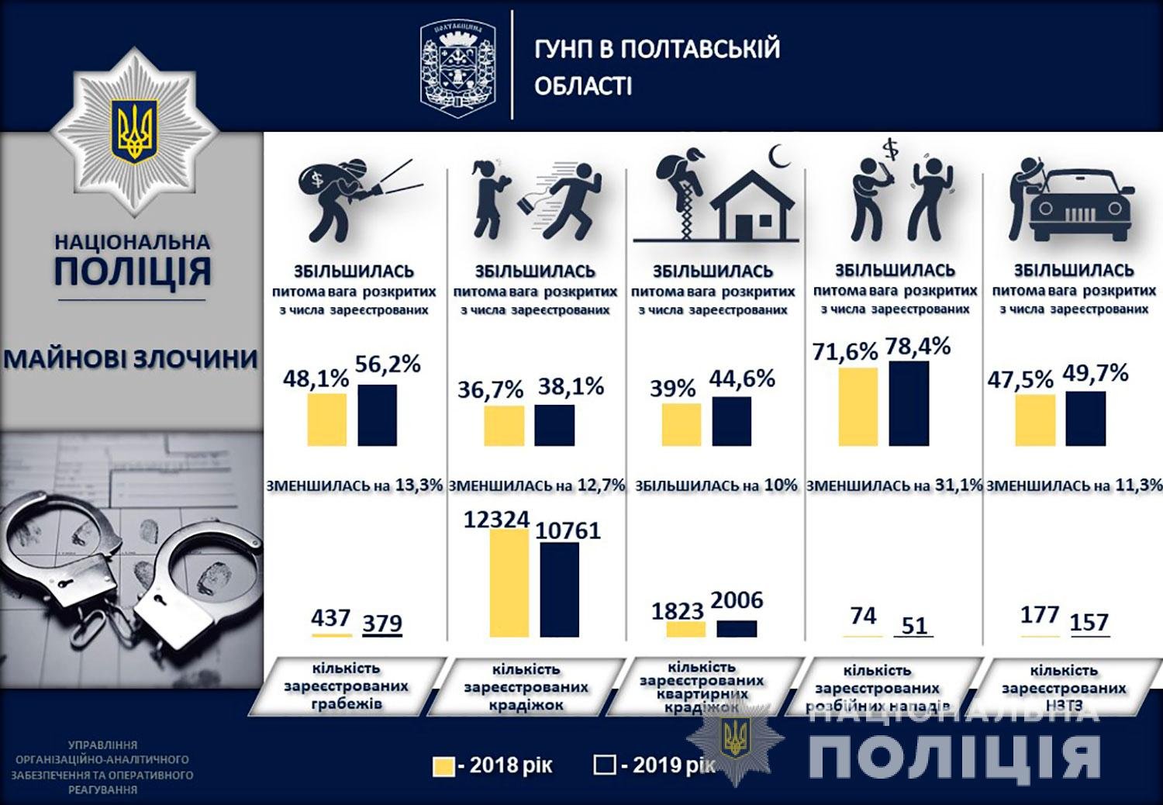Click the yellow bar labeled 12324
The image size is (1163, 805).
click(509, 583)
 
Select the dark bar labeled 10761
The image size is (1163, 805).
click(559, 589)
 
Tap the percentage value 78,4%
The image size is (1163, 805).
click(918, 347)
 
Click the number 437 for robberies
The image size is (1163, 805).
click(331, 618)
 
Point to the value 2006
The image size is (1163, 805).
click(737, 600)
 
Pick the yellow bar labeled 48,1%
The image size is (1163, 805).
click(327, 420)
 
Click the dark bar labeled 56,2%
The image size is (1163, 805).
click(378, 415)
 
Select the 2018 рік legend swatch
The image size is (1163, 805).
click(443, 766)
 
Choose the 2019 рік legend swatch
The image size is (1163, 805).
click(605, 766)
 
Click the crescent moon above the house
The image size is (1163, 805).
click(778, 157)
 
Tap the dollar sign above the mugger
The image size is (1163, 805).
click(891, 147)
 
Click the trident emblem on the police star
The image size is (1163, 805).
click(135, 130)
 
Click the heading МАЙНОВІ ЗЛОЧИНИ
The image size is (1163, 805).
click(130, 360)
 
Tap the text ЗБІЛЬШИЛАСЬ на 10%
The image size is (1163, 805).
click(716, 486)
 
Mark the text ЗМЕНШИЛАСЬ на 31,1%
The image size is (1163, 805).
click(894, 486)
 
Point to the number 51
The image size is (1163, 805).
click(914, 625)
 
